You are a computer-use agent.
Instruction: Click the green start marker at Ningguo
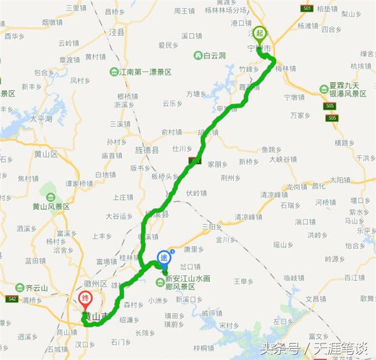260,34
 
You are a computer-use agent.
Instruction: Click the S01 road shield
306,8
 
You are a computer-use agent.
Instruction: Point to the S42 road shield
12,299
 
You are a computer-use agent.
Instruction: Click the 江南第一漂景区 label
145,72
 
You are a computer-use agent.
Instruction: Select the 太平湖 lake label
41,118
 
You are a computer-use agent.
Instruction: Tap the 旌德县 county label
147,150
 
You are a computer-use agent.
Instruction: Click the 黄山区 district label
45,154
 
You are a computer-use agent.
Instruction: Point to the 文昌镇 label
315,299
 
